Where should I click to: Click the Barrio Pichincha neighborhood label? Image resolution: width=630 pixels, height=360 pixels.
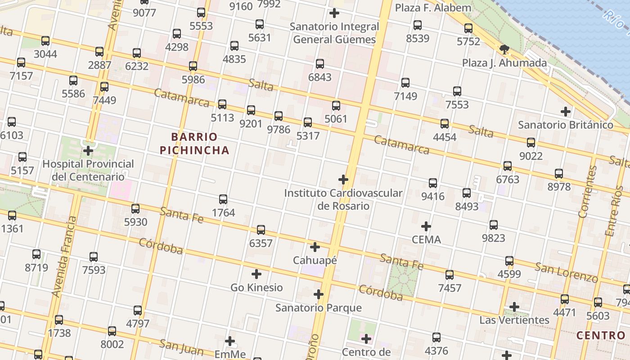click(x=194, y=144)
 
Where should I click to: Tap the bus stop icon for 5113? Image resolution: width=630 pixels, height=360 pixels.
click(x=222, y=104)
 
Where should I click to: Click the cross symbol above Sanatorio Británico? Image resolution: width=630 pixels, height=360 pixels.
click(x=566, y=112)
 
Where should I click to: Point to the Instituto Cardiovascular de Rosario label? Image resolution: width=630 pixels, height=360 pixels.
click(x=343, y=199)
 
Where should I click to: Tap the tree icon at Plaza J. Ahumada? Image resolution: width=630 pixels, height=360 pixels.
click(x=504, y=49)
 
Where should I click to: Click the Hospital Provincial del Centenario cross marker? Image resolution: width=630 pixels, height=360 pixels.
click(x=88, y=150)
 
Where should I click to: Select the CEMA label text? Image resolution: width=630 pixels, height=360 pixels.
click(x=427, y=239)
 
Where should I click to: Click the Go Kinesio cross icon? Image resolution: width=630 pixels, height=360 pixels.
click(x=256, y=274)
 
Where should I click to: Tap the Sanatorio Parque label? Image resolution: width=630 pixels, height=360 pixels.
click(x=319, y=308)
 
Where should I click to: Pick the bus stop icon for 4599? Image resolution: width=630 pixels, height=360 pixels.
click(x=509, y=261)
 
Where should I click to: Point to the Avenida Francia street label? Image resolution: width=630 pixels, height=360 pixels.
click(x=64, y=256)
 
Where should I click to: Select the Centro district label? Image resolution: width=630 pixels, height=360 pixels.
click(x=601, y=335)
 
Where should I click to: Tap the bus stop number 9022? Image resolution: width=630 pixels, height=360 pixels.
click(x=531, y=156)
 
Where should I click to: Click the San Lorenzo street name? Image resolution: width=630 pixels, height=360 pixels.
click(x=566, y=273)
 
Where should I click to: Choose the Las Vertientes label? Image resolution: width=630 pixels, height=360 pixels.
click(x=514, y=320)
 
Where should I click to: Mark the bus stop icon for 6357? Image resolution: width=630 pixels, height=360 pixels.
click(x=261, y=230)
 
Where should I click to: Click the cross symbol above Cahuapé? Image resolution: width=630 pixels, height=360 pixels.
click(x=315, y=247)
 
